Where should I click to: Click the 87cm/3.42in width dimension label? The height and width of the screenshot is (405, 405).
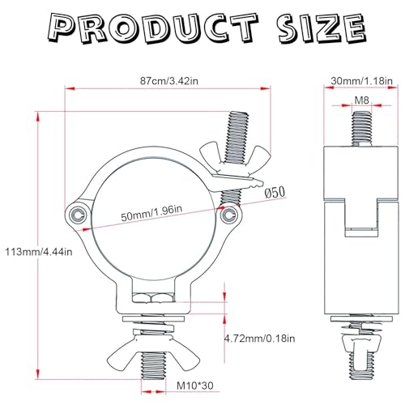pyautogui.click(x=169, y=81)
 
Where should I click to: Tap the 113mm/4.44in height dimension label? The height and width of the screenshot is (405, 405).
pyautogui.click(x=39, y=252)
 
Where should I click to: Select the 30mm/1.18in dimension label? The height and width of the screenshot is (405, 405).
pyautogui.click(x=361, y=81)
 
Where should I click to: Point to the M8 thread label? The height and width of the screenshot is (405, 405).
pyautogui.click(x=361, y=100)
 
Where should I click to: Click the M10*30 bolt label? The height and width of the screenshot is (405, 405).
pyautogui.click(x=195, y=386)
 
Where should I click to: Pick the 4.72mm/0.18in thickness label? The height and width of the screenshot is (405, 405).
pyautogui.click(x=260, y=339)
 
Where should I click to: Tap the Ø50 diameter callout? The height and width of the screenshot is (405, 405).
pyautogui.click(x=275, y=193)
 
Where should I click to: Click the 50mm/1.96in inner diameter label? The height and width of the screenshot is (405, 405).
pyautogui.click(x=151, y=213)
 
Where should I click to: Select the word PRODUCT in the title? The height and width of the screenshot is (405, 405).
pyautogui.click(x=152, y=28)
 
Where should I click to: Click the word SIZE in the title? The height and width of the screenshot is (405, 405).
pyautogui.click(x=322, y=28)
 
